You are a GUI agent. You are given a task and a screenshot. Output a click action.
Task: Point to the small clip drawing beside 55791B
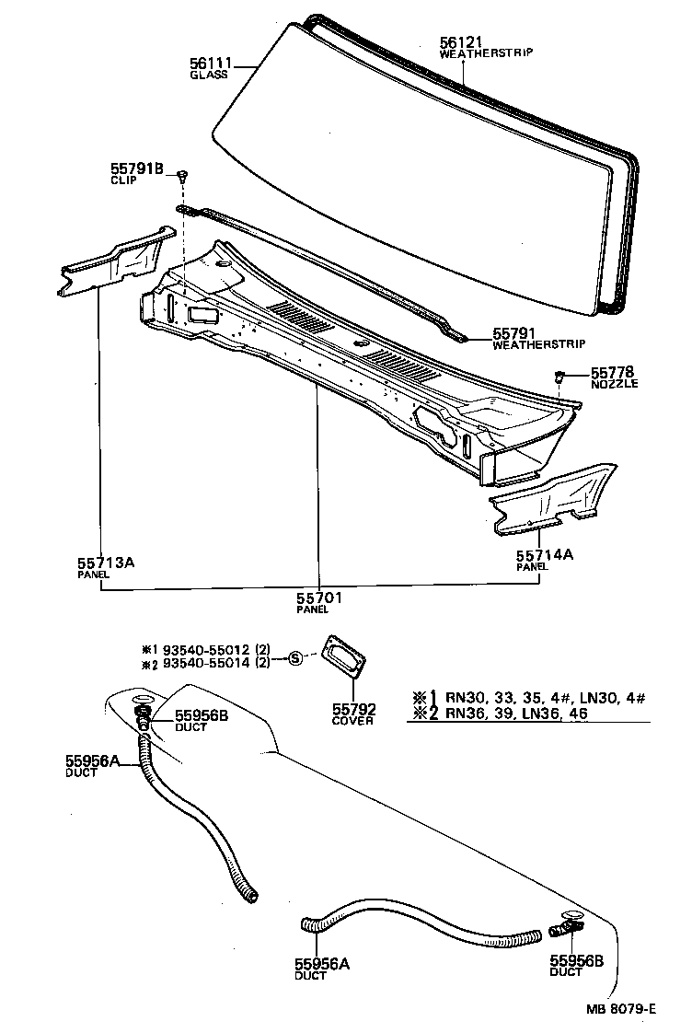coord(184,174)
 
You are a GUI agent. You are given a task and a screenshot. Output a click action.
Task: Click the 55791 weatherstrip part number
coord(515,335)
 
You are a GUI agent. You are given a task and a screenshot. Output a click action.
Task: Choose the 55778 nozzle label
coord(613,372)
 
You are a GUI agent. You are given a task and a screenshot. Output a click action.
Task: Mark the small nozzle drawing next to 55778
coord(559,376)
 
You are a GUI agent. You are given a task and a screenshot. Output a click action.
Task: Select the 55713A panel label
coord(106,561)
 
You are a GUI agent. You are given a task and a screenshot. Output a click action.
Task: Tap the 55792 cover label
coord(352,709)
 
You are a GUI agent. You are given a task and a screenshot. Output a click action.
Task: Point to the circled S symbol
coord(295,657)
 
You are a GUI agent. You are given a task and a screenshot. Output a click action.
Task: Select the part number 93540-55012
coord(203,649)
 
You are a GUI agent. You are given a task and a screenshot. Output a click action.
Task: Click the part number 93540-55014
coord(203,665)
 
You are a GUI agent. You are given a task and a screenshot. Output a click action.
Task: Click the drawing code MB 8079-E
coord(621,1008)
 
